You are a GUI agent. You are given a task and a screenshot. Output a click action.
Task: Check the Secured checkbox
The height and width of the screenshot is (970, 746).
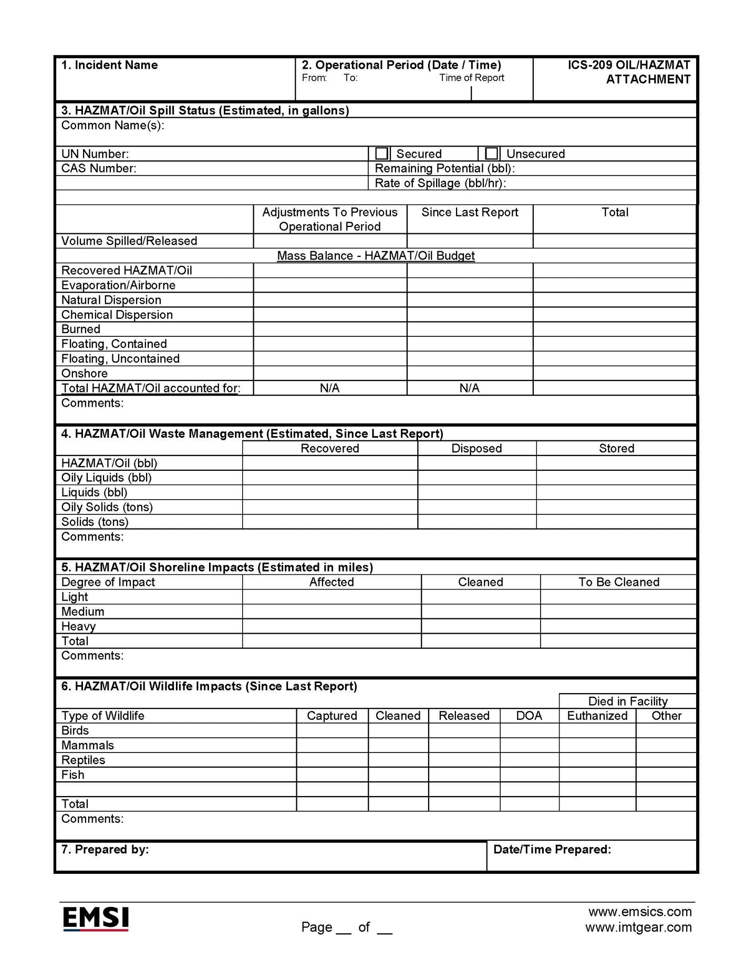[x=382, y=153]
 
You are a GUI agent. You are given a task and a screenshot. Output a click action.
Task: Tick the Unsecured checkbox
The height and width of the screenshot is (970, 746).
[x=491, y=153]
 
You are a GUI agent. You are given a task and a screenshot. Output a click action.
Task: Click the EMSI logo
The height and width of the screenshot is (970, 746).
[x=96, y=919]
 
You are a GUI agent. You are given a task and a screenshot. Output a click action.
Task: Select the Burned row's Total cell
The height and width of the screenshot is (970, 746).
[x=614, y=329]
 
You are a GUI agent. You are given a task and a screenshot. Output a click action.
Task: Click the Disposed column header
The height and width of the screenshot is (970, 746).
[x=476, y=448]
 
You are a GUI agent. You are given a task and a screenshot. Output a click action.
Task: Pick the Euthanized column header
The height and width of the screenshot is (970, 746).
[x=597, y=716]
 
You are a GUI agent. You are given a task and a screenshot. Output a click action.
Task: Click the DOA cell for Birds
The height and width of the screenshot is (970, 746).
[x=529, y=730]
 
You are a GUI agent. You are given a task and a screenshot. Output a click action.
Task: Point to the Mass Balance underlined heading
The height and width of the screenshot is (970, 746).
[x=376, y=256]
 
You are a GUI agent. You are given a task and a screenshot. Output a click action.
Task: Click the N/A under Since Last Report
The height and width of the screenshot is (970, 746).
[x=469, y=388]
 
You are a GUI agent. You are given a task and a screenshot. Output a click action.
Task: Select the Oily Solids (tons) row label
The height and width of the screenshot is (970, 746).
[x=107, y=507]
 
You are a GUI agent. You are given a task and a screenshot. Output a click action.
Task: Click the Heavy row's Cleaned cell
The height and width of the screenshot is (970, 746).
[x=480, y=626]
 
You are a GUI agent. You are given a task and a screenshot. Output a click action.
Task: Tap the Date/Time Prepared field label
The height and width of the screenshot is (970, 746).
[x=552, y=850]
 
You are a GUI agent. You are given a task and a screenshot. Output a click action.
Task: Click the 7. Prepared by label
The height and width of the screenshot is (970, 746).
[x=105, y=850]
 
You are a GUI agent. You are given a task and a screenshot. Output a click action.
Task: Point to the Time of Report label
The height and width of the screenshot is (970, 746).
[x=472, y=78]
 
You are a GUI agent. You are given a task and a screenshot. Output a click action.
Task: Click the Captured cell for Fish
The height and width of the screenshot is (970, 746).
[x=332, y=775]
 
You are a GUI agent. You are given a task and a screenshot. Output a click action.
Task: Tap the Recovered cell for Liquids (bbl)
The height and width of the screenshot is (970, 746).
[x=329, y=492]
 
